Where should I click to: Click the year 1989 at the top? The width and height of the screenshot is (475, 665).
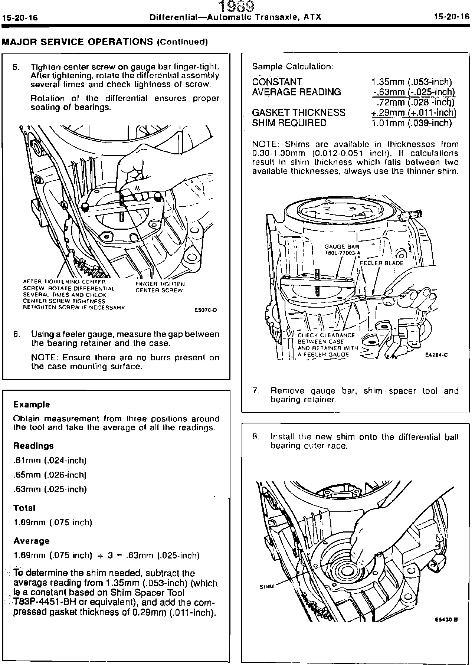(236, 6)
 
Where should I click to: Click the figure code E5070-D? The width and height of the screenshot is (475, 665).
(206, 310)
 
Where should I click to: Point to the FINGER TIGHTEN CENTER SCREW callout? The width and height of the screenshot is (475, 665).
(160, 287)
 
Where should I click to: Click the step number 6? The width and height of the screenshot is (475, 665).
(16, 334)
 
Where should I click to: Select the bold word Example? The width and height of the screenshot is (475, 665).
(32, 404)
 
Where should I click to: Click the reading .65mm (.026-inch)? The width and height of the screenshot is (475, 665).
(50, 475)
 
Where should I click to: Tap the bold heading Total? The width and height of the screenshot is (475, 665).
(24, 508)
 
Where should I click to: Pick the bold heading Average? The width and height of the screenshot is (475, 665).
(31, 541)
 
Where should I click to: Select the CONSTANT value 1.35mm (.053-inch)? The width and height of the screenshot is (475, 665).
(412, 82)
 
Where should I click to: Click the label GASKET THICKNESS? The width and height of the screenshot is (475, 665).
(298, 112)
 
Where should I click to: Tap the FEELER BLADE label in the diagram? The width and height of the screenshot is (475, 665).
(381, 263)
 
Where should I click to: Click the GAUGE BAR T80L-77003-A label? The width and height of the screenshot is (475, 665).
(342, 249)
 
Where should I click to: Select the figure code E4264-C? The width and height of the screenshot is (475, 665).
(436, 355)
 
